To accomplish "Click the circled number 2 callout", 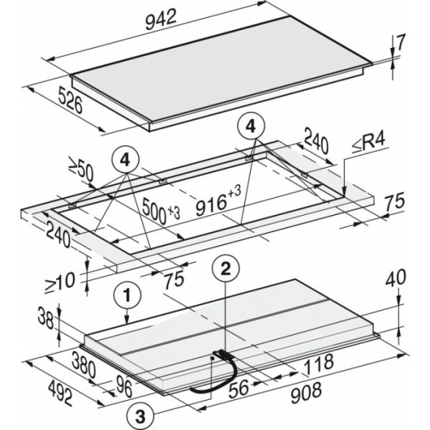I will click(226, 270).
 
